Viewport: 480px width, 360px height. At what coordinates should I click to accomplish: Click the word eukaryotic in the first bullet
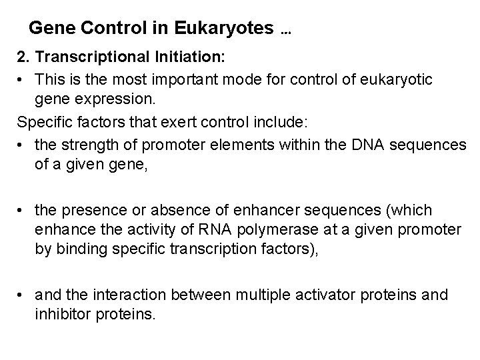click(x=399, y=80)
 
